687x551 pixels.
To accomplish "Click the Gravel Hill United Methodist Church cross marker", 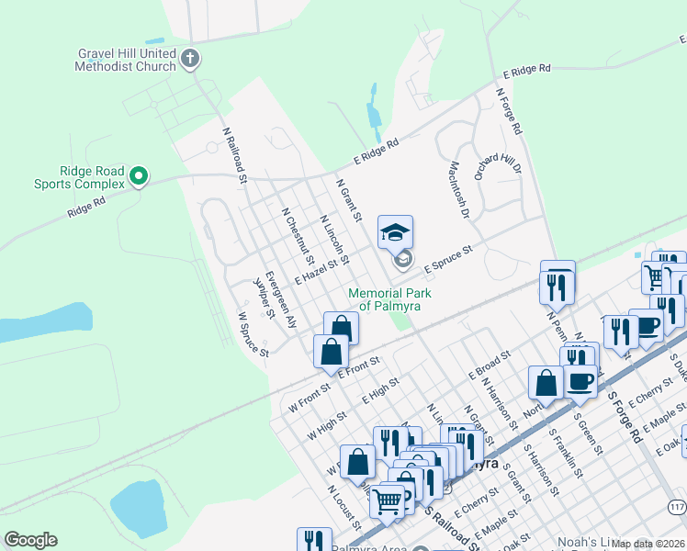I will pyautogui.click(x=190, y=61).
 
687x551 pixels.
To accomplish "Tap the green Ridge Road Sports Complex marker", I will pyautogui.click(x=139, y=175).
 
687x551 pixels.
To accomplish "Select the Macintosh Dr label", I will pyautogui.click(x=458, y=190).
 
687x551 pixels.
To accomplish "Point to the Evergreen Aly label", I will pyautogui.click(x=281, y=299).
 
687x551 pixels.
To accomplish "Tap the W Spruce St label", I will pyautogui.click(x=253, y=334).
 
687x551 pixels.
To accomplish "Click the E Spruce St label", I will pyautogui.click(x=447, y=258).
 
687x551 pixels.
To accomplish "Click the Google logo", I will pyautogui.click(x=30, y=540).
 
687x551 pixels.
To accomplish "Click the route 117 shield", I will pyautogui.click(x=677, y=508).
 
